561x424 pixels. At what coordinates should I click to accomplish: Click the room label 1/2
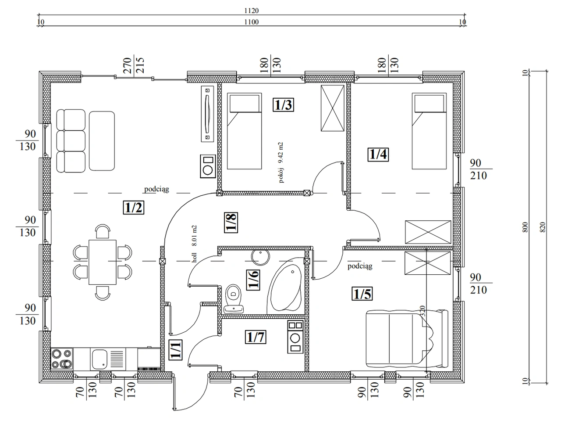coord(133,207)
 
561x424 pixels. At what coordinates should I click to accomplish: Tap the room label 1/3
coord(283,104)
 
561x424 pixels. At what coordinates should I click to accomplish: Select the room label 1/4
coord(378,155)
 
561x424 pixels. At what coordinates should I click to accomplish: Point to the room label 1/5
coord(362,294)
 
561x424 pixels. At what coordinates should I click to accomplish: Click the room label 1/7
coord(256,337)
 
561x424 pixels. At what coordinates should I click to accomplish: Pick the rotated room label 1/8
coord(231,223)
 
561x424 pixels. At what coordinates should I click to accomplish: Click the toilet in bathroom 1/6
coord(233,298)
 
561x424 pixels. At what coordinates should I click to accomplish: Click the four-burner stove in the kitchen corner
coord(62,359)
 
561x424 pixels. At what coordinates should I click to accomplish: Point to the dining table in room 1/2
coord(103,262)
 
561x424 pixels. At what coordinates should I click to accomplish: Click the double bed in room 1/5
coord(407,339)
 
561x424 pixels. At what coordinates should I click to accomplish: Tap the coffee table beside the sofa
coord(102,141)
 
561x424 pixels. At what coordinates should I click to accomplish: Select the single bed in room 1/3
coord(244,131)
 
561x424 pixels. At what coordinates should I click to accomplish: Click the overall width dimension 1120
coord(252,11)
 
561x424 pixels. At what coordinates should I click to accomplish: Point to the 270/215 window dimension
coord(133,65)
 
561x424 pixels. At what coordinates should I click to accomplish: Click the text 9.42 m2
coord(281,152)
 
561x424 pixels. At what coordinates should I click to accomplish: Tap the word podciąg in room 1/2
coord(156,189)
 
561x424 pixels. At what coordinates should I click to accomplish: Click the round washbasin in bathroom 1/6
coord(260,257)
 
